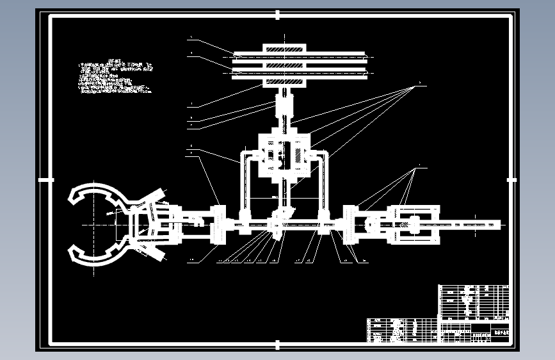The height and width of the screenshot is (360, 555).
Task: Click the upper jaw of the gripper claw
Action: [x=96, y=193]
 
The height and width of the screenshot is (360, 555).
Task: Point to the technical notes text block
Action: [x=115, y=78]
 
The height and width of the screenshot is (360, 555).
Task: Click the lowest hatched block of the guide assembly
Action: [x=284, y=83]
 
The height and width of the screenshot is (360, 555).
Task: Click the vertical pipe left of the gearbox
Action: [x=244, y=183]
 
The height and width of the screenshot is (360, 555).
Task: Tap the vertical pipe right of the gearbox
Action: [x=324, y=183]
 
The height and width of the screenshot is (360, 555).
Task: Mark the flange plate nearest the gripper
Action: [x=217, y=224]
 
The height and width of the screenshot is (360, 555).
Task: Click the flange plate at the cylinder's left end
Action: [x=350, y=225]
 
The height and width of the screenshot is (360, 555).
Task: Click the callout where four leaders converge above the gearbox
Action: [x=418, y=84]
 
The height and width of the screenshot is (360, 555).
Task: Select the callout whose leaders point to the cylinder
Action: [x=419, y=167]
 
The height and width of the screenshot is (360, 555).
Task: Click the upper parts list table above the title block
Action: [x=474, y=300]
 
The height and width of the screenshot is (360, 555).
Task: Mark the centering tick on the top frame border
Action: [x=278, y=14]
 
